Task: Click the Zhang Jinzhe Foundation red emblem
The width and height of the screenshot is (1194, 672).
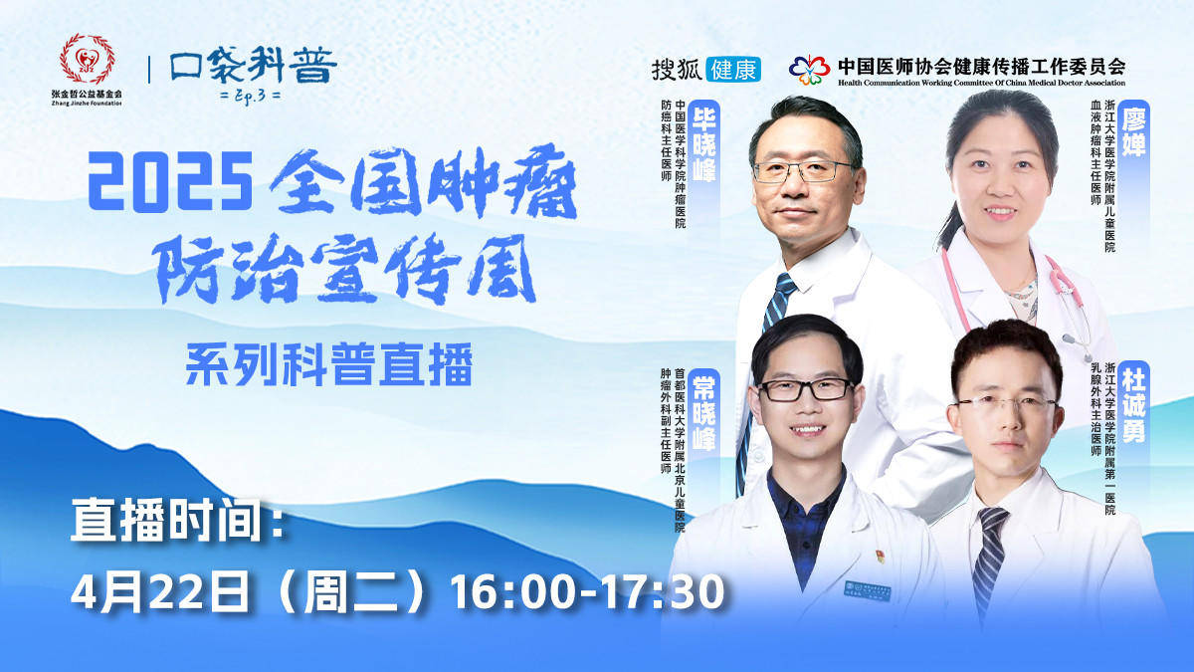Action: point(87,59)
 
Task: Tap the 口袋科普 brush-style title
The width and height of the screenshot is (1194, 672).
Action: point(254,65)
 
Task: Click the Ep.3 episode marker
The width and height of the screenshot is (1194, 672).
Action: point(251,96)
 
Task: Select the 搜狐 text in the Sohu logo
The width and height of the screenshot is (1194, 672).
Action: point(677,70)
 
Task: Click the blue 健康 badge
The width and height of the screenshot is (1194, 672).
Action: point(733,70)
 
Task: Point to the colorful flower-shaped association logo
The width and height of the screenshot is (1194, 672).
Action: point(809,70)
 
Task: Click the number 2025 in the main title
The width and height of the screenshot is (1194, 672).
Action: point(170,181)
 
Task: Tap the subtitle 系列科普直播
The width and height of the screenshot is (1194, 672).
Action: point(329,365)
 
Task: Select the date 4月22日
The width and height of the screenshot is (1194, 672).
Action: point(160,592)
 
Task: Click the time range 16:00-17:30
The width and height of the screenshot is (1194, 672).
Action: point(587,592)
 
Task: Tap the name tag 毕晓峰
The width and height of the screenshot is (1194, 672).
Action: point(703,145)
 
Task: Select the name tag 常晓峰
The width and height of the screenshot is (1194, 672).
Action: point(703,413)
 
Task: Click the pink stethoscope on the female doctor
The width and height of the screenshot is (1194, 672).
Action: point(1013,299)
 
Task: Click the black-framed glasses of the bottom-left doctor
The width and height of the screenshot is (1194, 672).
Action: point(807,390)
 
